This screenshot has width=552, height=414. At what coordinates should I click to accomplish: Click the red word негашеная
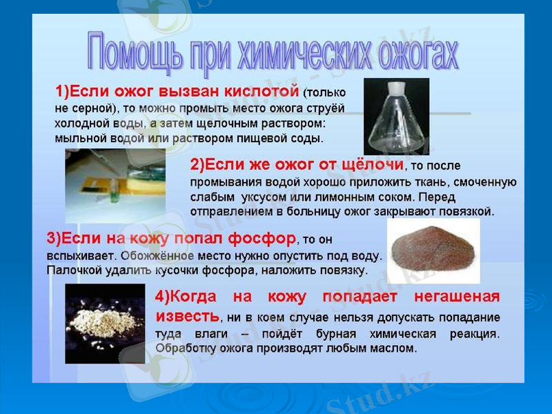pos(456,297)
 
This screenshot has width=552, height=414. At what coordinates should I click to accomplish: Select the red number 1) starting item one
pos(63,91)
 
